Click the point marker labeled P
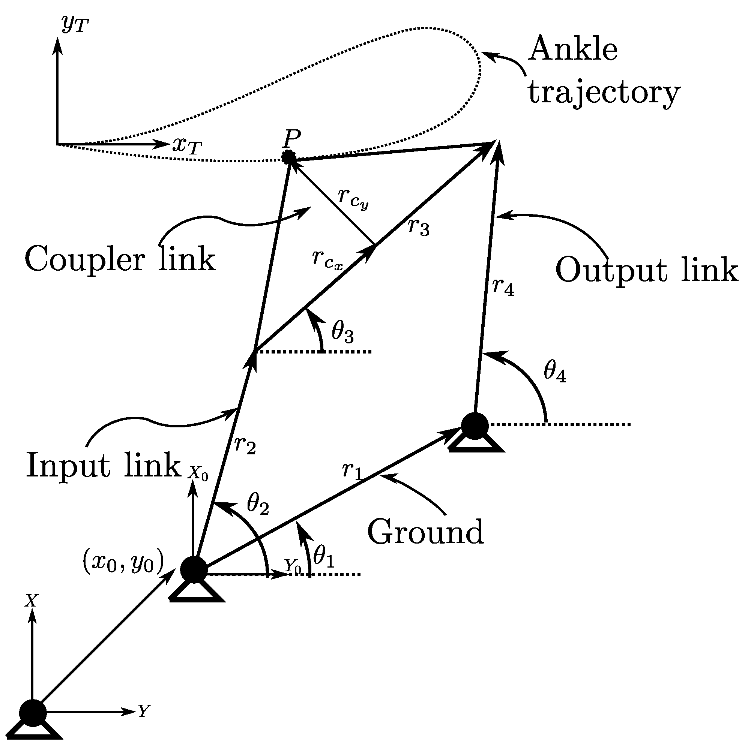click(289, 157)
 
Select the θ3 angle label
click(342, 333)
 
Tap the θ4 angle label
click(555, 372)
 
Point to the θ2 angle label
click(258, 505)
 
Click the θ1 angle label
click(324, 556)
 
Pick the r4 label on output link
click(503, 287)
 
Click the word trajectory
click(604, 94)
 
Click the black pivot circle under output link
click(475, 426)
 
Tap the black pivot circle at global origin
click(33, 713)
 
